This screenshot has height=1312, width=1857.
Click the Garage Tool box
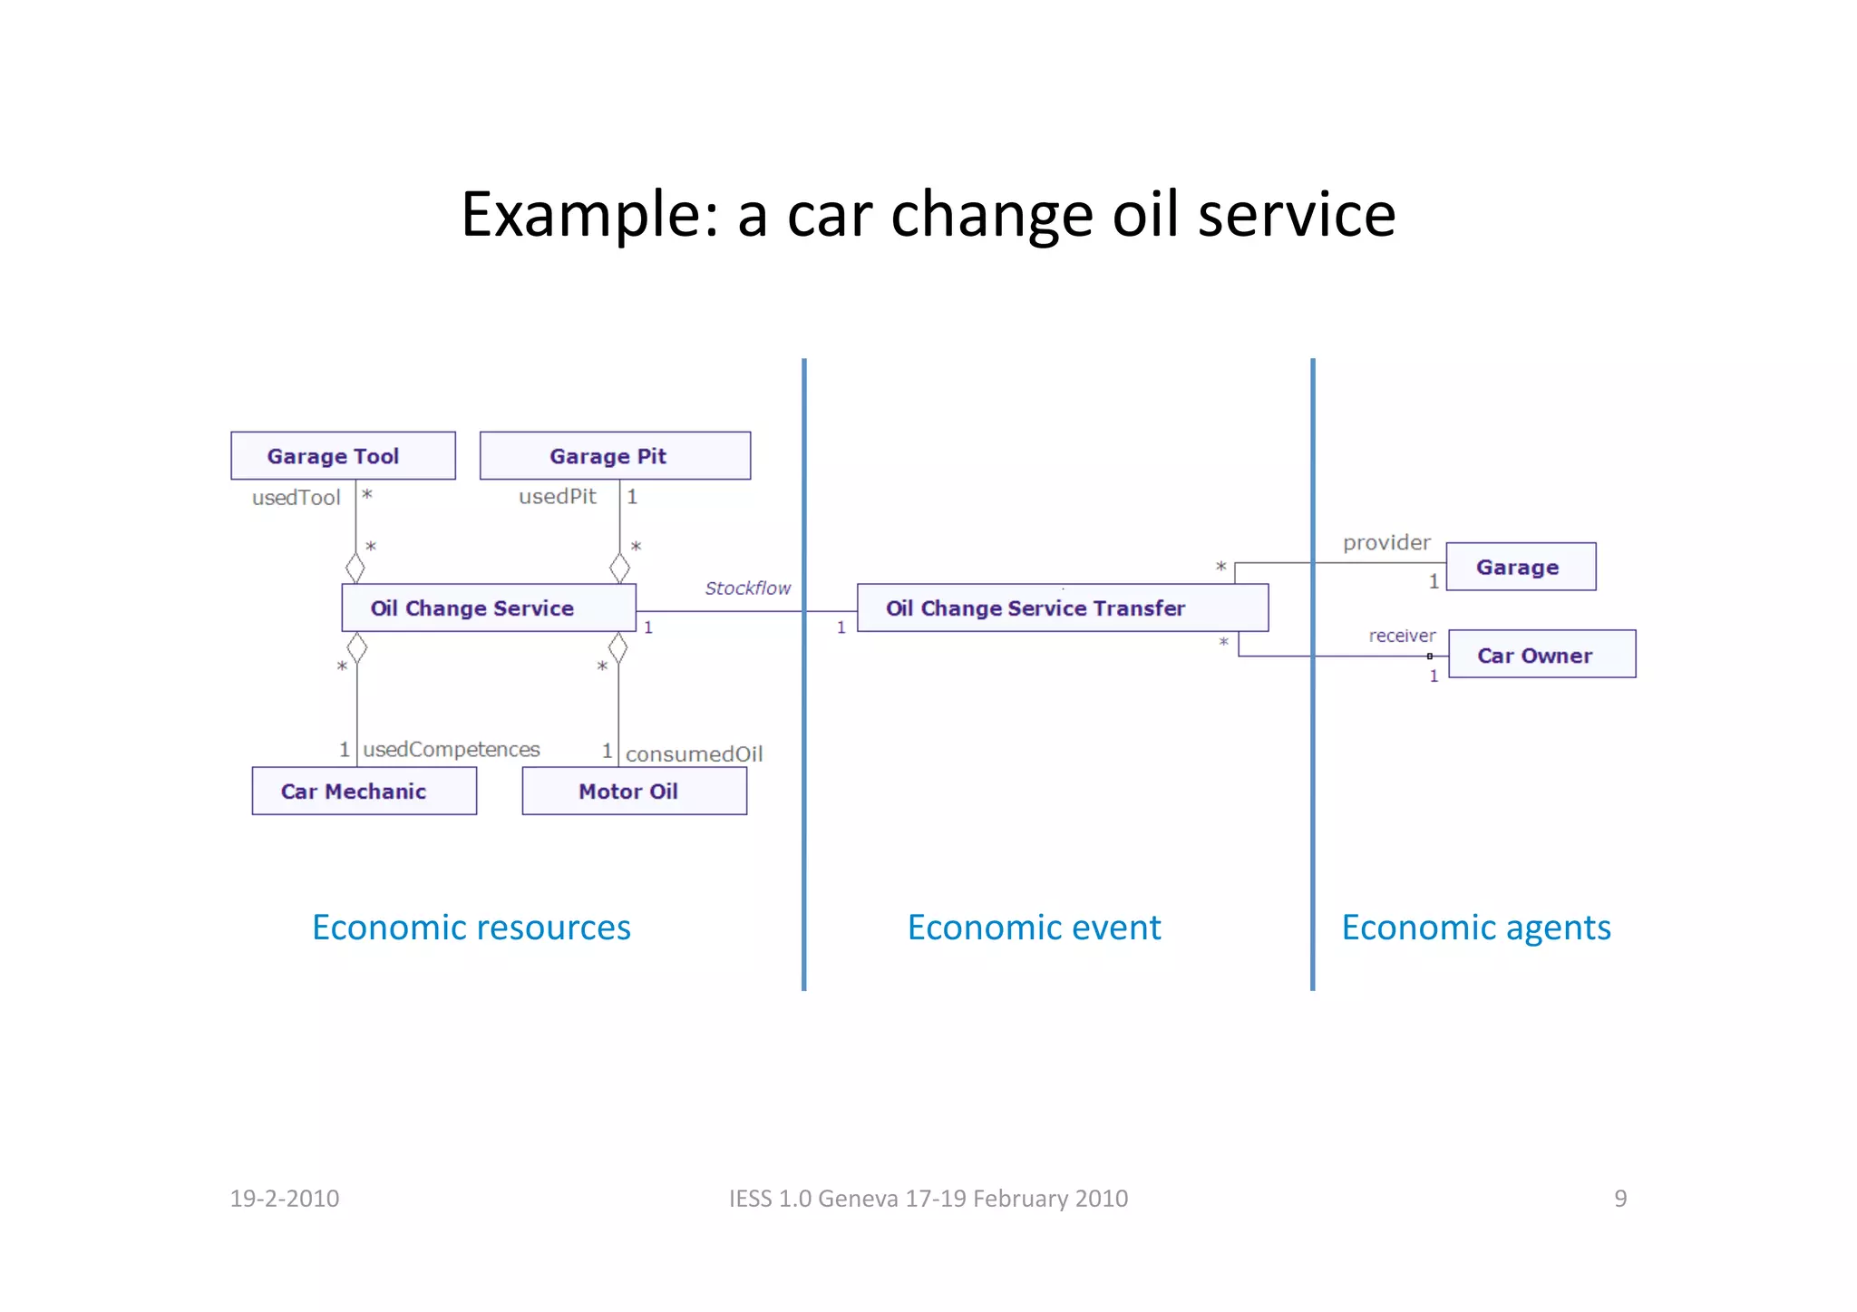[343, 455]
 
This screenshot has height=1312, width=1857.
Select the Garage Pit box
[615, 455]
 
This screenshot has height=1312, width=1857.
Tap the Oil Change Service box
[488, 607]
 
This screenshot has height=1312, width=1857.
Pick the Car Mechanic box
[364, 791]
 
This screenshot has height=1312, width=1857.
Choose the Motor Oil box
[634, 791]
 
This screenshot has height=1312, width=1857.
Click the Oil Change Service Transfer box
[1062, 607]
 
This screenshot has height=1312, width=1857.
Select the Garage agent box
[1521, 567]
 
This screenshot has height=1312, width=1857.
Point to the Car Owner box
[1541, 654]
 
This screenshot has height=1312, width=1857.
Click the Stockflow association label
[747, 588]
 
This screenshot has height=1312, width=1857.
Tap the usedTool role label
[296, 497]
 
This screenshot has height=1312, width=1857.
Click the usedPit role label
[557, 496]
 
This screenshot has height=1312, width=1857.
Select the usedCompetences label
[451, 749]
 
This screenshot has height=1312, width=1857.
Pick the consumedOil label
[694, 753]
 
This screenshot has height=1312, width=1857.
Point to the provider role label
[1385, 542]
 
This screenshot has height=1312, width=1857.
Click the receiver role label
[1402, 636]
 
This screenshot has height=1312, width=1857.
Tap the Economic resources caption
[471, 927]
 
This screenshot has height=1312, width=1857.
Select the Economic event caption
[1034, 927]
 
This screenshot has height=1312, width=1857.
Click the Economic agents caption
[1475, 927]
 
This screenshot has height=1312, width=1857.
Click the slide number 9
[1619, 1198]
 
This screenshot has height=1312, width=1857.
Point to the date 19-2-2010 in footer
[284, 1198]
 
